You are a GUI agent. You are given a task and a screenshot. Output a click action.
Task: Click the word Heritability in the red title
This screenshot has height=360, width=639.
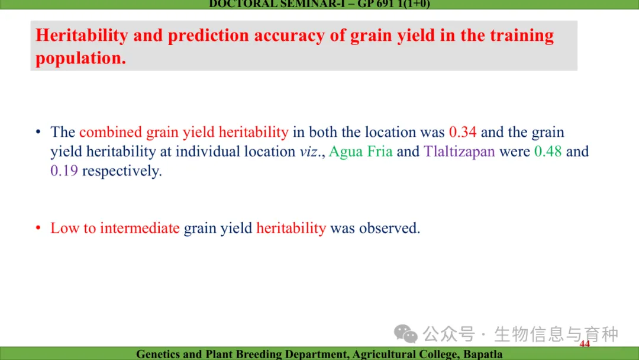[82, 35]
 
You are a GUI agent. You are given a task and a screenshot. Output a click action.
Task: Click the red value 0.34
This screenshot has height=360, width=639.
[463, 132]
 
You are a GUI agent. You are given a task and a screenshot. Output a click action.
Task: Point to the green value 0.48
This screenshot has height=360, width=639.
[548, 151]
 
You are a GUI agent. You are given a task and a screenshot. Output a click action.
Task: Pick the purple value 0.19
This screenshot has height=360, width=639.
[64, 171]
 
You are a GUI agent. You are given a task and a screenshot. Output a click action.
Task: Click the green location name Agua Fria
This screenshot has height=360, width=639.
[361, 152]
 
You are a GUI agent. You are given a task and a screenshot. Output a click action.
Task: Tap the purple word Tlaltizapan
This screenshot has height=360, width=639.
[459, 152]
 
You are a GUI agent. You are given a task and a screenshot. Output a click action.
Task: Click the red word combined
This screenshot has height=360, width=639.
[111, 132]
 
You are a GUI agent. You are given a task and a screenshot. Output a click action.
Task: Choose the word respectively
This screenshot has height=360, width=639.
[122, 171]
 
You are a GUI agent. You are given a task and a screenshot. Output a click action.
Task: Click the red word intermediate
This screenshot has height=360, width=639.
[140, 228]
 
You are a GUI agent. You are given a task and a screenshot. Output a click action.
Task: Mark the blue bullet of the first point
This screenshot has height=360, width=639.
[38, 131]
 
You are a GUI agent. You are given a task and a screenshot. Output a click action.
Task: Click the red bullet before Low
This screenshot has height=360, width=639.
[38, 227]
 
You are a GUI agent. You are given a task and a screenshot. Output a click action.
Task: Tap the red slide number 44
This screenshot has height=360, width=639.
[585, 343]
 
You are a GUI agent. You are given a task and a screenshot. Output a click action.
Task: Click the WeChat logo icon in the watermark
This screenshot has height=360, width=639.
[405, 334]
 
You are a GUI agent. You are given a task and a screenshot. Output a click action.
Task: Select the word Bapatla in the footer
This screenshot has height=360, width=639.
[483, 354]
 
